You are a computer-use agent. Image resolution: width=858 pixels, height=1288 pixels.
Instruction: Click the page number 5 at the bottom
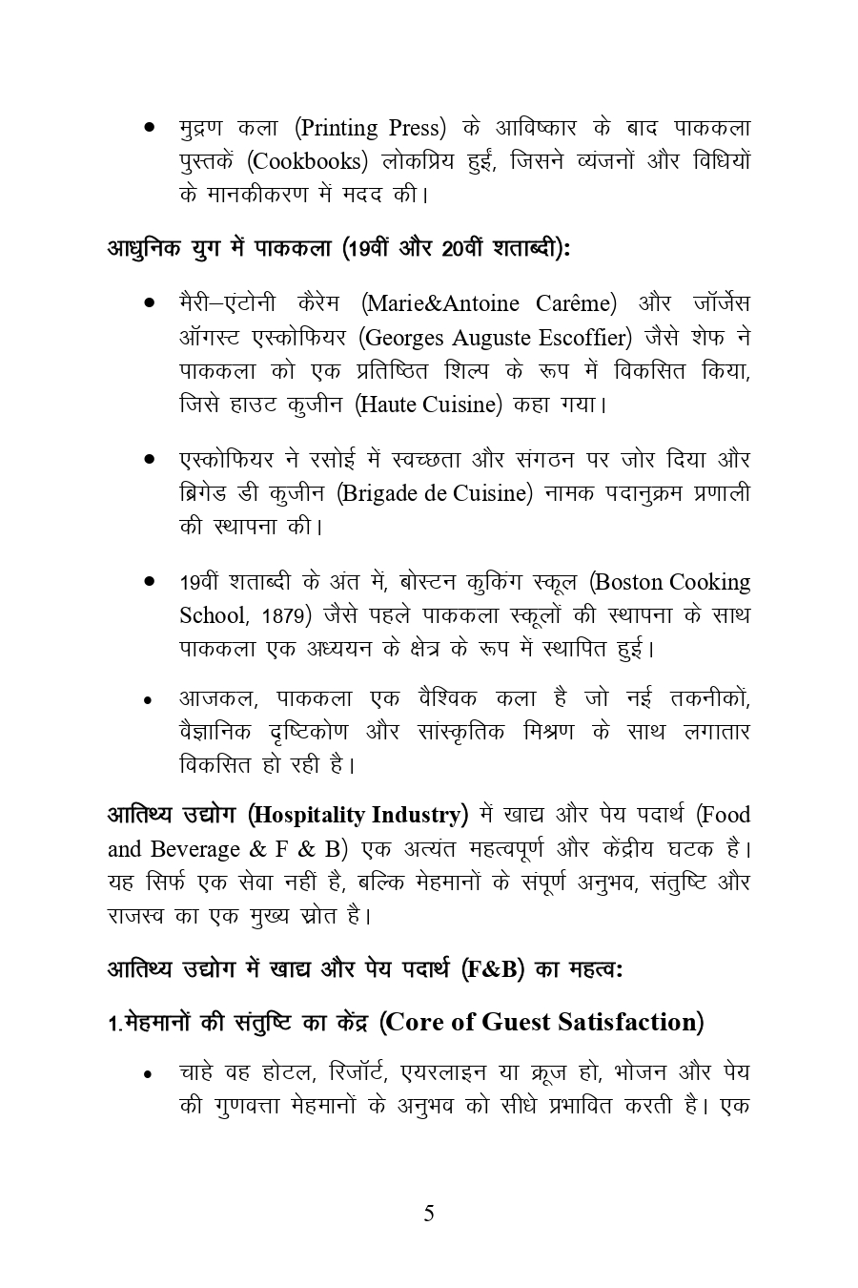point(428,1214)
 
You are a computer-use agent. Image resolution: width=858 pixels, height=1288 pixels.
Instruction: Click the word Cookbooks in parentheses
point(312,160)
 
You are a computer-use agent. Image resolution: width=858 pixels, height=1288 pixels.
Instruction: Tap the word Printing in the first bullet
point(338,127)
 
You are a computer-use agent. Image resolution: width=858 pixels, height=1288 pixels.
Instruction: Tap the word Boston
point(629,582)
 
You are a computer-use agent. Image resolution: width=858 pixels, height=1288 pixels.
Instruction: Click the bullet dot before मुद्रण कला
point(149,128)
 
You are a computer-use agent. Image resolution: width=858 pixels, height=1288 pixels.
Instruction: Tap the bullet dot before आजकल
point(149,701)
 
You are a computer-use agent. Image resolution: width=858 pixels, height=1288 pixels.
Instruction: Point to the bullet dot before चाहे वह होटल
point(149,1075)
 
